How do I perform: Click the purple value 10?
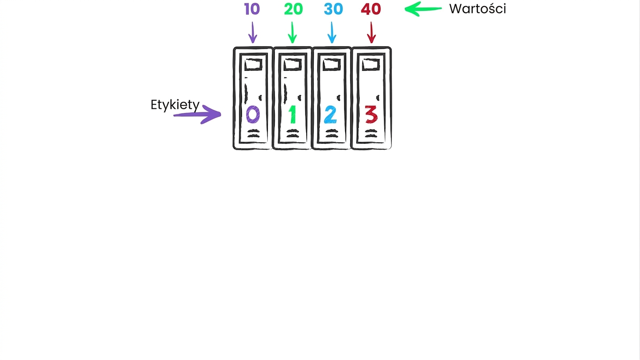click(x=252, y=9)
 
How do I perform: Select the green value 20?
click(x=294, y=9)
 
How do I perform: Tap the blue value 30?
click(x=333, y=9)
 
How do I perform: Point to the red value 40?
click(x=371, y=9)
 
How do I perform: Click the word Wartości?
click(x=477, y=9)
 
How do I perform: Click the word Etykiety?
click(x=175, y=105)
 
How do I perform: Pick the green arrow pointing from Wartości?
click(x=423, y=9)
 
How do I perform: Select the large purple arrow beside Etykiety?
click(x=197, y=114)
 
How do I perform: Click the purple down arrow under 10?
click(x=253, y=32)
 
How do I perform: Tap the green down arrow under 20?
click(x=292, y=32)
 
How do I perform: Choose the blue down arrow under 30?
click(x=331, y=32)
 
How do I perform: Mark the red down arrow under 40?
click(x=371, y=32)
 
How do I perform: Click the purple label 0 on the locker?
click(x=253, y=114)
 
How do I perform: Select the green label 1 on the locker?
click(x=292, y=114)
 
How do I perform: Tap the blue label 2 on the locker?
click(x=331, y=114)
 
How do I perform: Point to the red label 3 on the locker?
click(x=371, y=114)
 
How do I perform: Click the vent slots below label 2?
click(x=331, y=134)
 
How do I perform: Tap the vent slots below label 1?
click(x=293, y=134)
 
